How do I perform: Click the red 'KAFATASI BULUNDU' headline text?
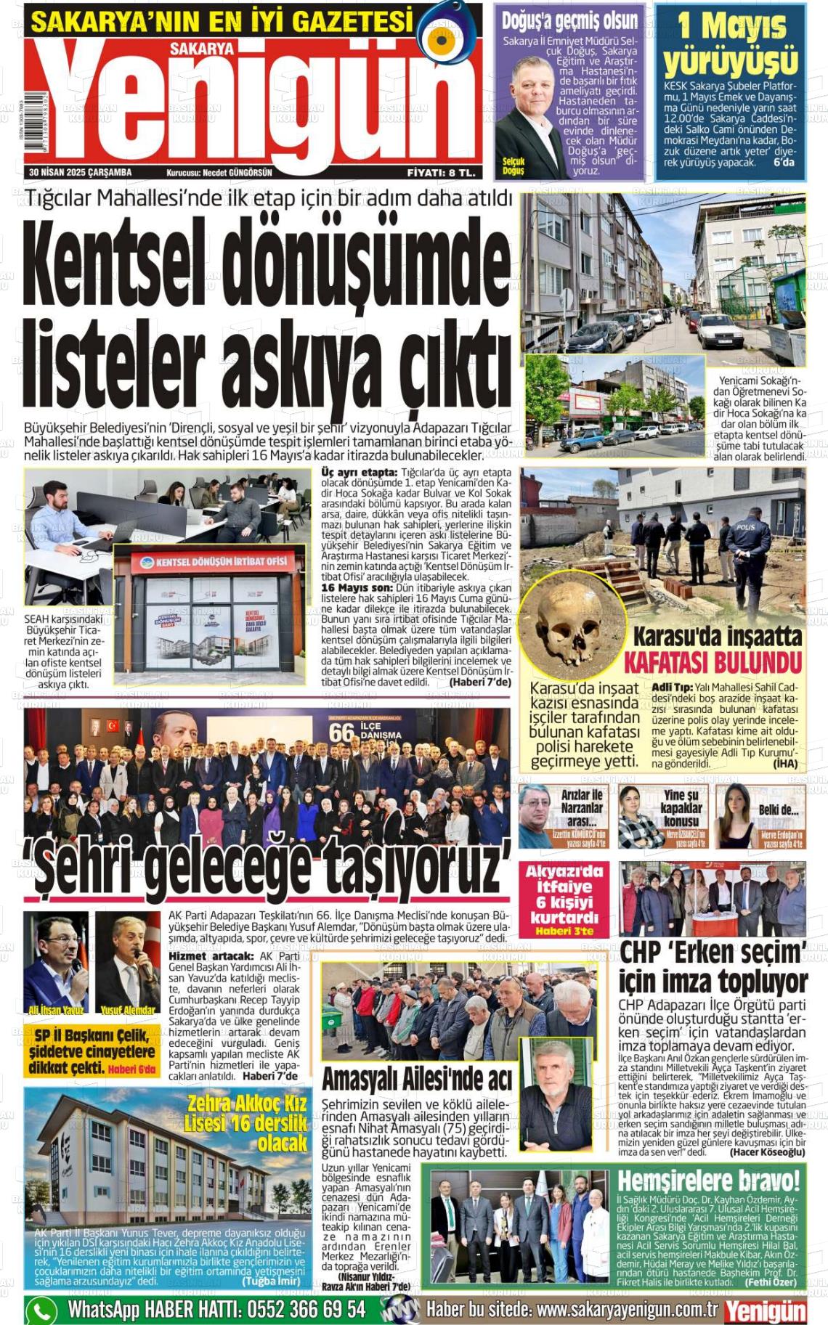pos(713,663)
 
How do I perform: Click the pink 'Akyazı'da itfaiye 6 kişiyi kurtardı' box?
pos(564,900)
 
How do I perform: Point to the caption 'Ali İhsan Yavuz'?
pos(55,1010)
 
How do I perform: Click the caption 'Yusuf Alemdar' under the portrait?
pos(128,1010)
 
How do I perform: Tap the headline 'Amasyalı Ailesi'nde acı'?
pos(416,1079)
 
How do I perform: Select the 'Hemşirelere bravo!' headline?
pos(708,1180)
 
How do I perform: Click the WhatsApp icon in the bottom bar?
pos(41,1310)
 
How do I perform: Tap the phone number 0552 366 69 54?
pos(306,1310)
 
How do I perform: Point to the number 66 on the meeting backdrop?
pos(341,732)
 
